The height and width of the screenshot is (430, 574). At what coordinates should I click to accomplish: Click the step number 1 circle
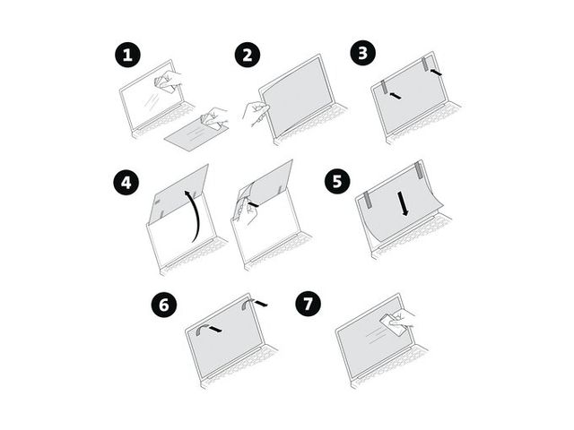pyautogui.click(x=127, y=55)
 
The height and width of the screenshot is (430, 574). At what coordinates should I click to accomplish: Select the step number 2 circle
pyautogui.click(x=248, y=55)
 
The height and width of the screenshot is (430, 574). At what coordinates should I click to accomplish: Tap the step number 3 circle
pyautogui.click(x=362, y=53)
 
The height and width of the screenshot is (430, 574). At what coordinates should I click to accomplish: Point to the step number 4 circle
pyautogui.click(x=126, y=182)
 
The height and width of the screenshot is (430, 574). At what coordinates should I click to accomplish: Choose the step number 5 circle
pyautogui.click(x=337, y=181)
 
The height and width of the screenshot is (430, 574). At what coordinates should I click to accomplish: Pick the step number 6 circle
pyautogui.click(x=164, y=305)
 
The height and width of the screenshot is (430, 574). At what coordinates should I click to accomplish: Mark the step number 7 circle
pyautogui.click(x=309, y=304)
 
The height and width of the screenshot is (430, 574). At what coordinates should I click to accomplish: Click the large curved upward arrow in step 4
pyautogui.click(x=198, y=215)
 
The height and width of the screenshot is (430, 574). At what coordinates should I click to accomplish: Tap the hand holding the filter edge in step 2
pyautogui.click(x=256, y=114)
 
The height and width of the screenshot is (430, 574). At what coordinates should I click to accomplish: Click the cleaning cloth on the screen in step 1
pyautogui.click(x=164, y=83)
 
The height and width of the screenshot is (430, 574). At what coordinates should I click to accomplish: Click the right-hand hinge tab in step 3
pyautogui.click(x=425, y=64)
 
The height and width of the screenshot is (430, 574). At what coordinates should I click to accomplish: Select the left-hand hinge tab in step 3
pyautogui.click(x=384, y=88)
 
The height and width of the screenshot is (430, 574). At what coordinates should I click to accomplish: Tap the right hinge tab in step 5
pyautogui.click(x=419, y=171)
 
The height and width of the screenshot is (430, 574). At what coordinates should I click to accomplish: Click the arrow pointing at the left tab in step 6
pyautogui.click(x=215, y=329)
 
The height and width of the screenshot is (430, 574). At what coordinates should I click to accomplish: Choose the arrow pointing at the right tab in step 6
pyautogui.click(x=261, y=303)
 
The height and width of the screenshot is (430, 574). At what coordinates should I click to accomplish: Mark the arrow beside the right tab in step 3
pyautogui.click(x=437, y=72)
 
